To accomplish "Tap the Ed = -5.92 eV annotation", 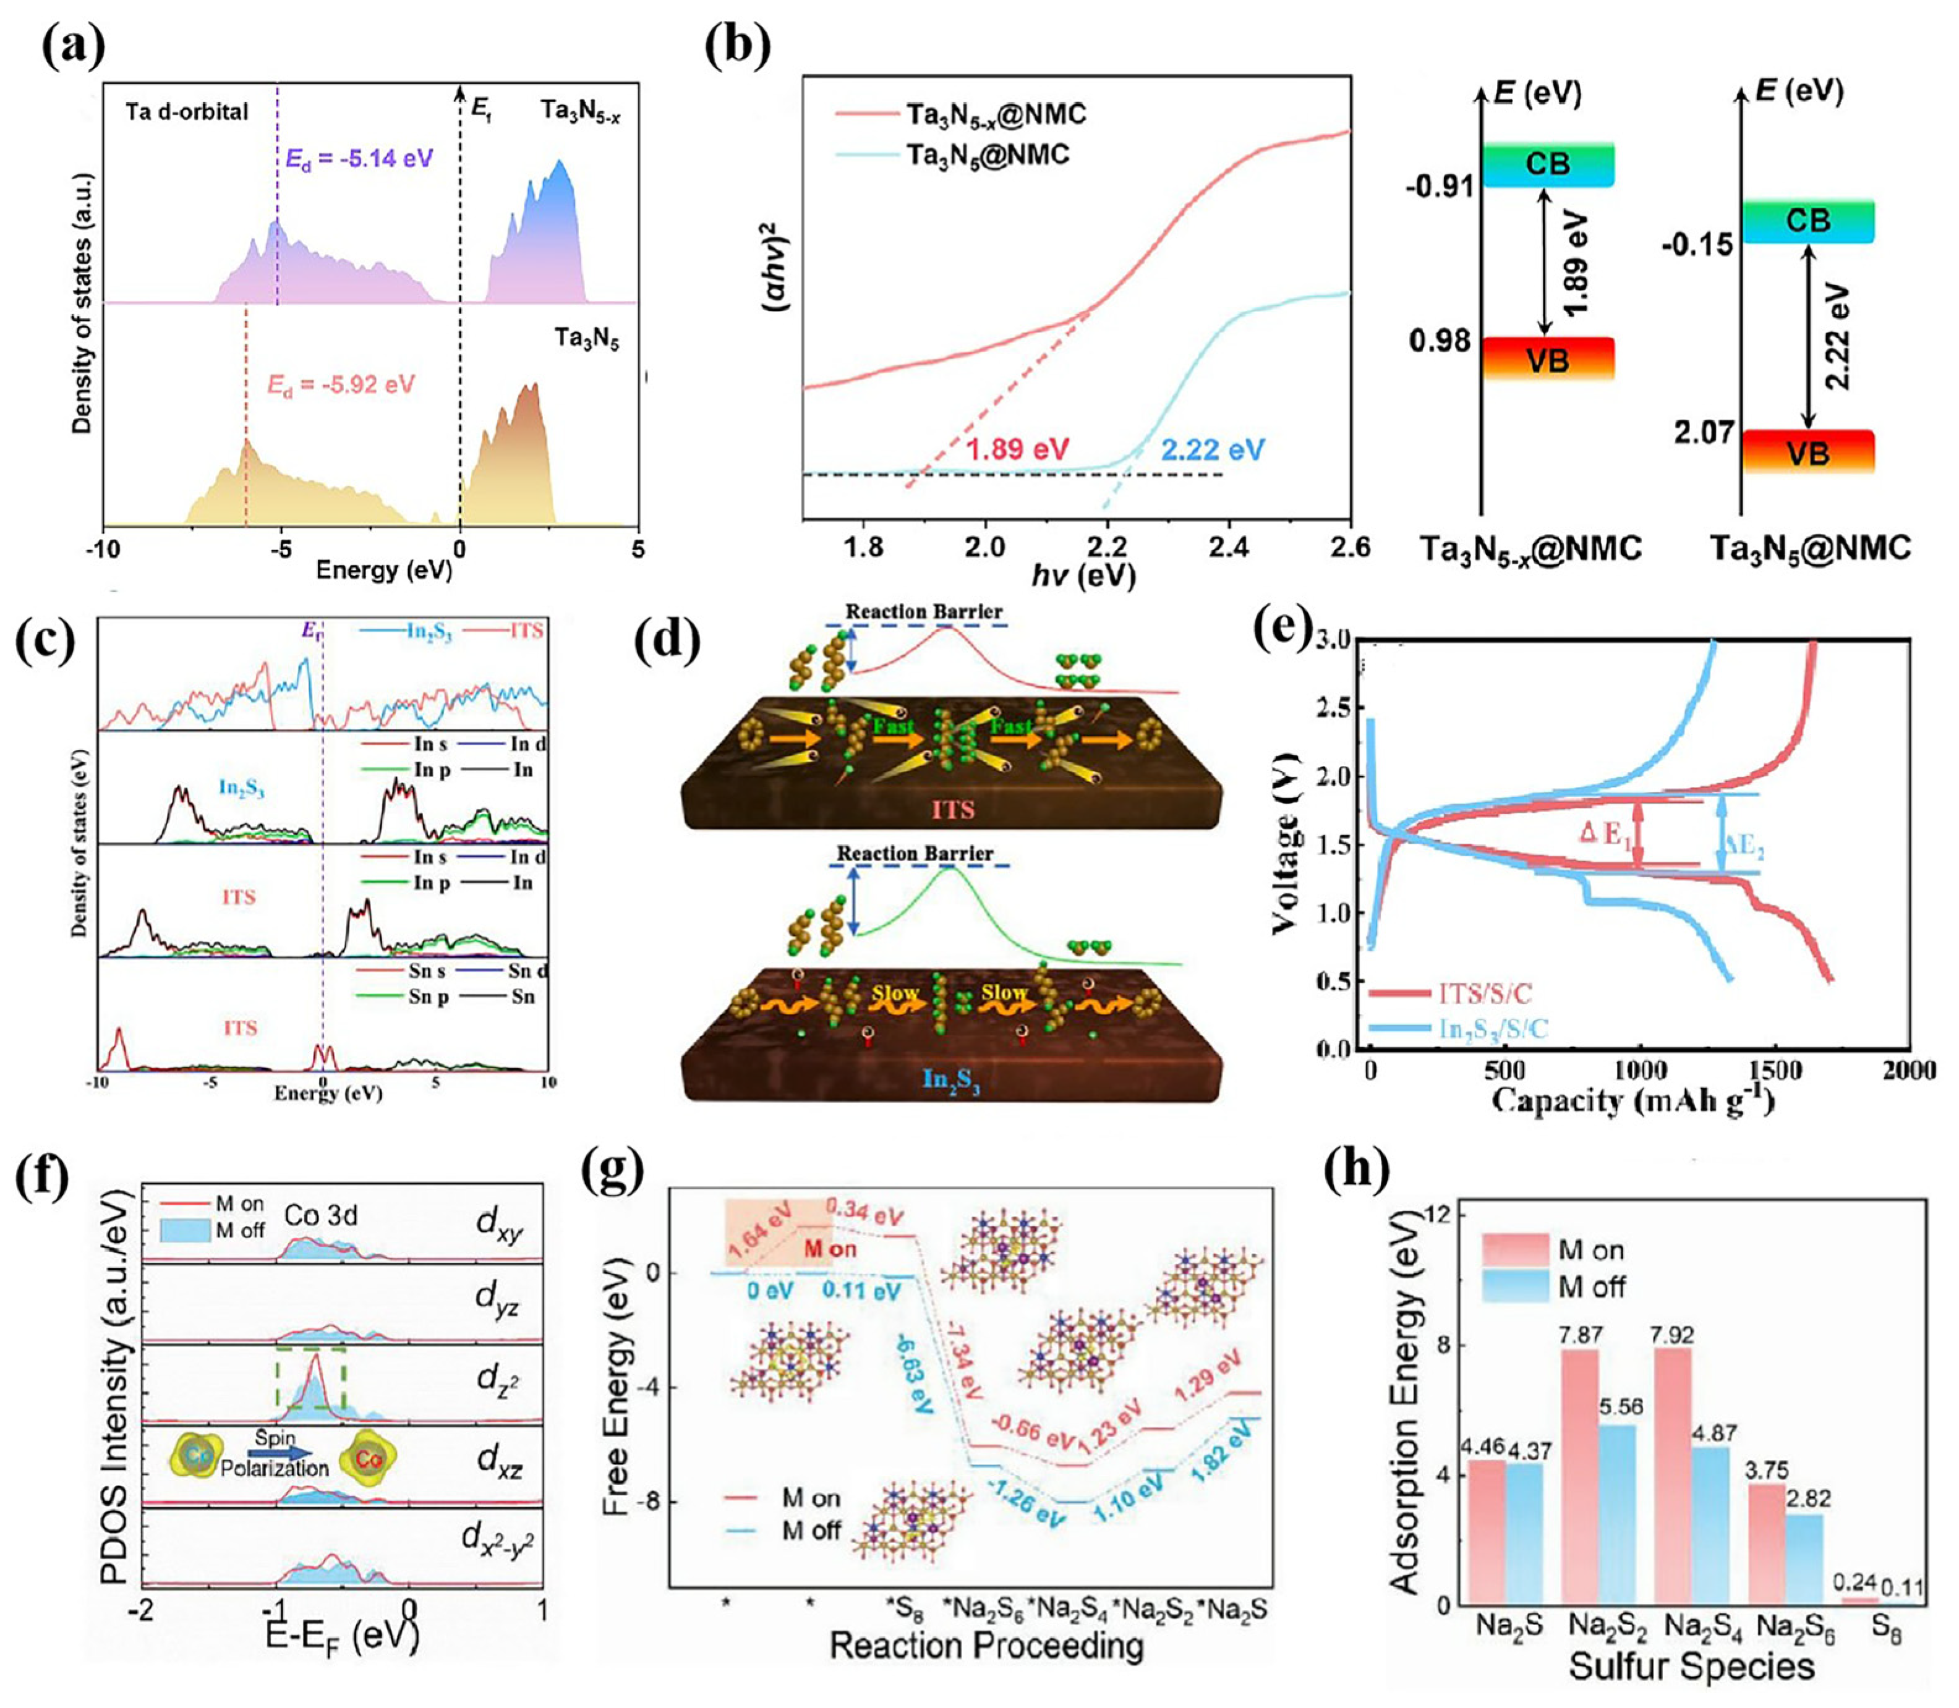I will point(340,385).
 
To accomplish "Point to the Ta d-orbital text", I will point(187,111).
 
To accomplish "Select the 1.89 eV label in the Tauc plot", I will point(1018,449).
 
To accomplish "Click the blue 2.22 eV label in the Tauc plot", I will point(1213,449).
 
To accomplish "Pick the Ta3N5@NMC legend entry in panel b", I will point(987,155).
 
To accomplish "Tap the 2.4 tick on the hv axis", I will point(1229,547).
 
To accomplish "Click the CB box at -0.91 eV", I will point(1547,164).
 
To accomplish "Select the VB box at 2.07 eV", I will point(1807,452).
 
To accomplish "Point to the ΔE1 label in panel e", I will point(1605,833).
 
